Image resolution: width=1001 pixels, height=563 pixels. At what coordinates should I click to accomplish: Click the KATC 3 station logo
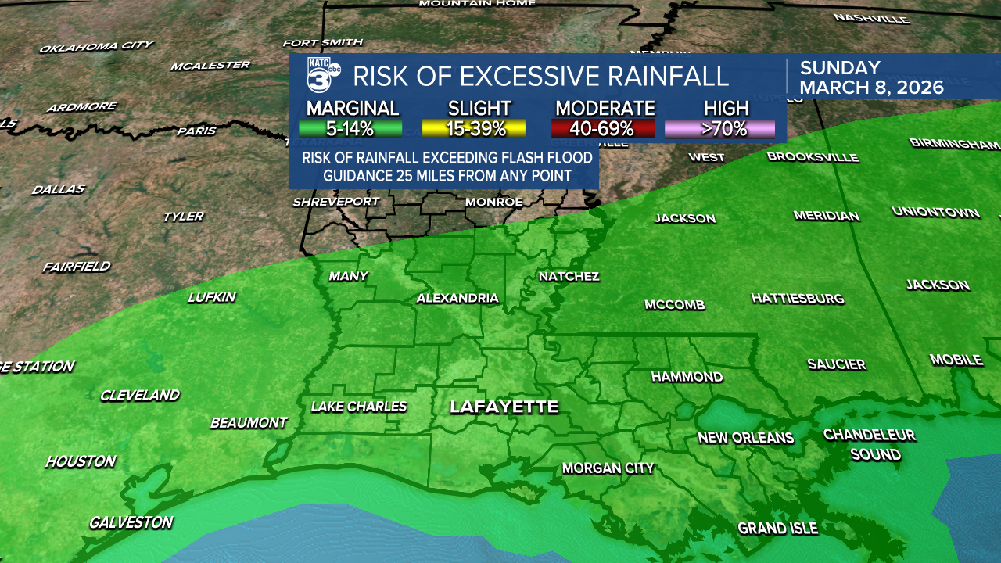(x=323, y=76)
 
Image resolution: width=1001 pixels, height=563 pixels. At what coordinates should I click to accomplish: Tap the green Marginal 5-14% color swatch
(x=350, y=129)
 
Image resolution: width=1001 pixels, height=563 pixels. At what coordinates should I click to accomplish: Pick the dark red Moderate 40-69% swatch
(x=602, y=129)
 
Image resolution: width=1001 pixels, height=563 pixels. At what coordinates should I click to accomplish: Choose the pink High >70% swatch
(x=719, y=129)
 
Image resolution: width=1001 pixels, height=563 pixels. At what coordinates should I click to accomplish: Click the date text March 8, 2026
(x=871, y=87)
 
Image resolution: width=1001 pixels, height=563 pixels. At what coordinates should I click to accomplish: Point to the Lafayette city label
(x=504, y=407)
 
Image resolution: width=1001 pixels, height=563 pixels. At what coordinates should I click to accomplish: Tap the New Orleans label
(x=745, y=438)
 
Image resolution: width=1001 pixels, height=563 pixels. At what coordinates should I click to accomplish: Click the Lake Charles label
(x=359, y=407)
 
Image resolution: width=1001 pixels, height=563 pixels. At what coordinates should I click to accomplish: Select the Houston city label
(x=81, y=462)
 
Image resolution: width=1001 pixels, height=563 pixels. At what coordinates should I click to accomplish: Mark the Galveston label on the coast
(x=131, y=522)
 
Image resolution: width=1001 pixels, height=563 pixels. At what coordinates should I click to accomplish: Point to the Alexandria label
(x=457, y=298)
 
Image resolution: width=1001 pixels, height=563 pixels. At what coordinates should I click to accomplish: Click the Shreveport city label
(x=335, y=202)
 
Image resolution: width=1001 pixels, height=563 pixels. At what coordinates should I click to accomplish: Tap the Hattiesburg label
(x=798, y=298)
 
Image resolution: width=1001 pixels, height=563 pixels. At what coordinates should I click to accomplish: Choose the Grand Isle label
(x=777, y=529)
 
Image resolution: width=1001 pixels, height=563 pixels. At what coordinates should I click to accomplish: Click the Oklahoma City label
(x=97, y=47)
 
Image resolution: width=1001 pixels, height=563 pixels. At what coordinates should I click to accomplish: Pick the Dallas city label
(x=59, y=189)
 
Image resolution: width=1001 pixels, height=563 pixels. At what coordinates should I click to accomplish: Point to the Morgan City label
(x=608, y=468)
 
